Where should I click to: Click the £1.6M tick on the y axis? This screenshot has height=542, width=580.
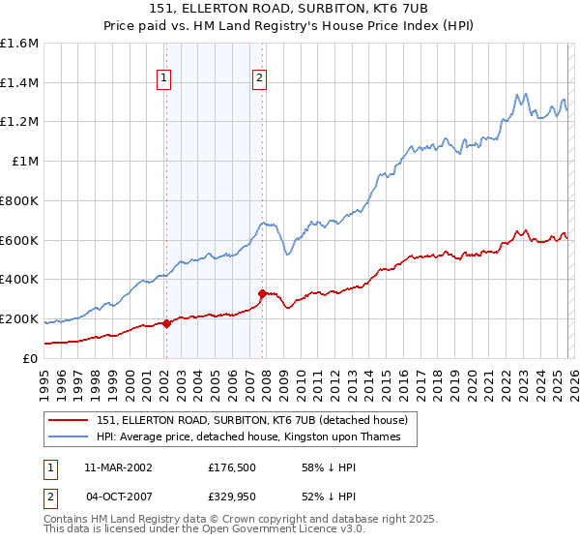(19, 44)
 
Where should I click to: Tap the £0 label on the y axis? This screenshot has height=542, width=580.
(31, 358)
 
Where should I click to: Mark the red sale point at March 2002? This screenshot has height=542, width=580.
(166, 323)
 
